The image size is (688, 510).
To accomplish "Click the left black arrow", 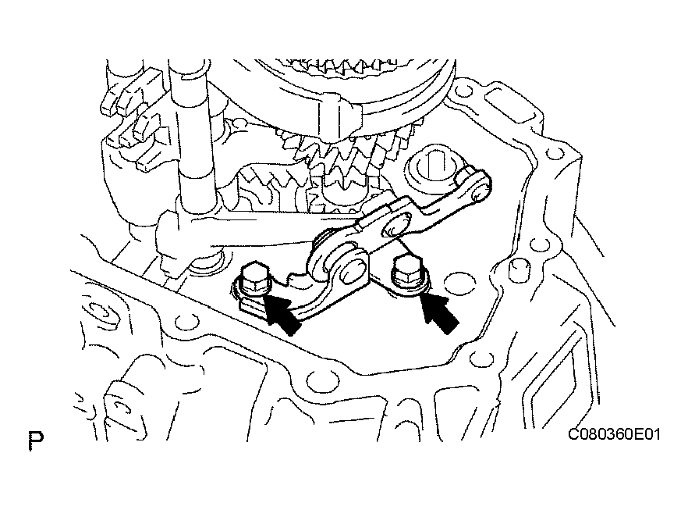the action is point(282,314).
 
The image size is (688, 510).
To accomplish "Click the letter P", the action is point(36,440).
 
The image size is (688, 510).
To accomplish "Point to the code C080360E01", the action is point(614,434).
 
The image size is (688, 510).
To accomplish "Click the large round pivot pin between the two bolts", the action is point(353,270).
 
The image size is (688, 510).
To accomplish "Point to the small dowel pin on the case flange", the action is point(518,269).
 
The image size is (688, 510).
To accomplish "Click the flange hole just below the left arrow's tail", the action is point(321,379).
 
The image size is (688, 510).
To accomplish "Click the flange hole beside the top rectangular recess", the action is point(462,92).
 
